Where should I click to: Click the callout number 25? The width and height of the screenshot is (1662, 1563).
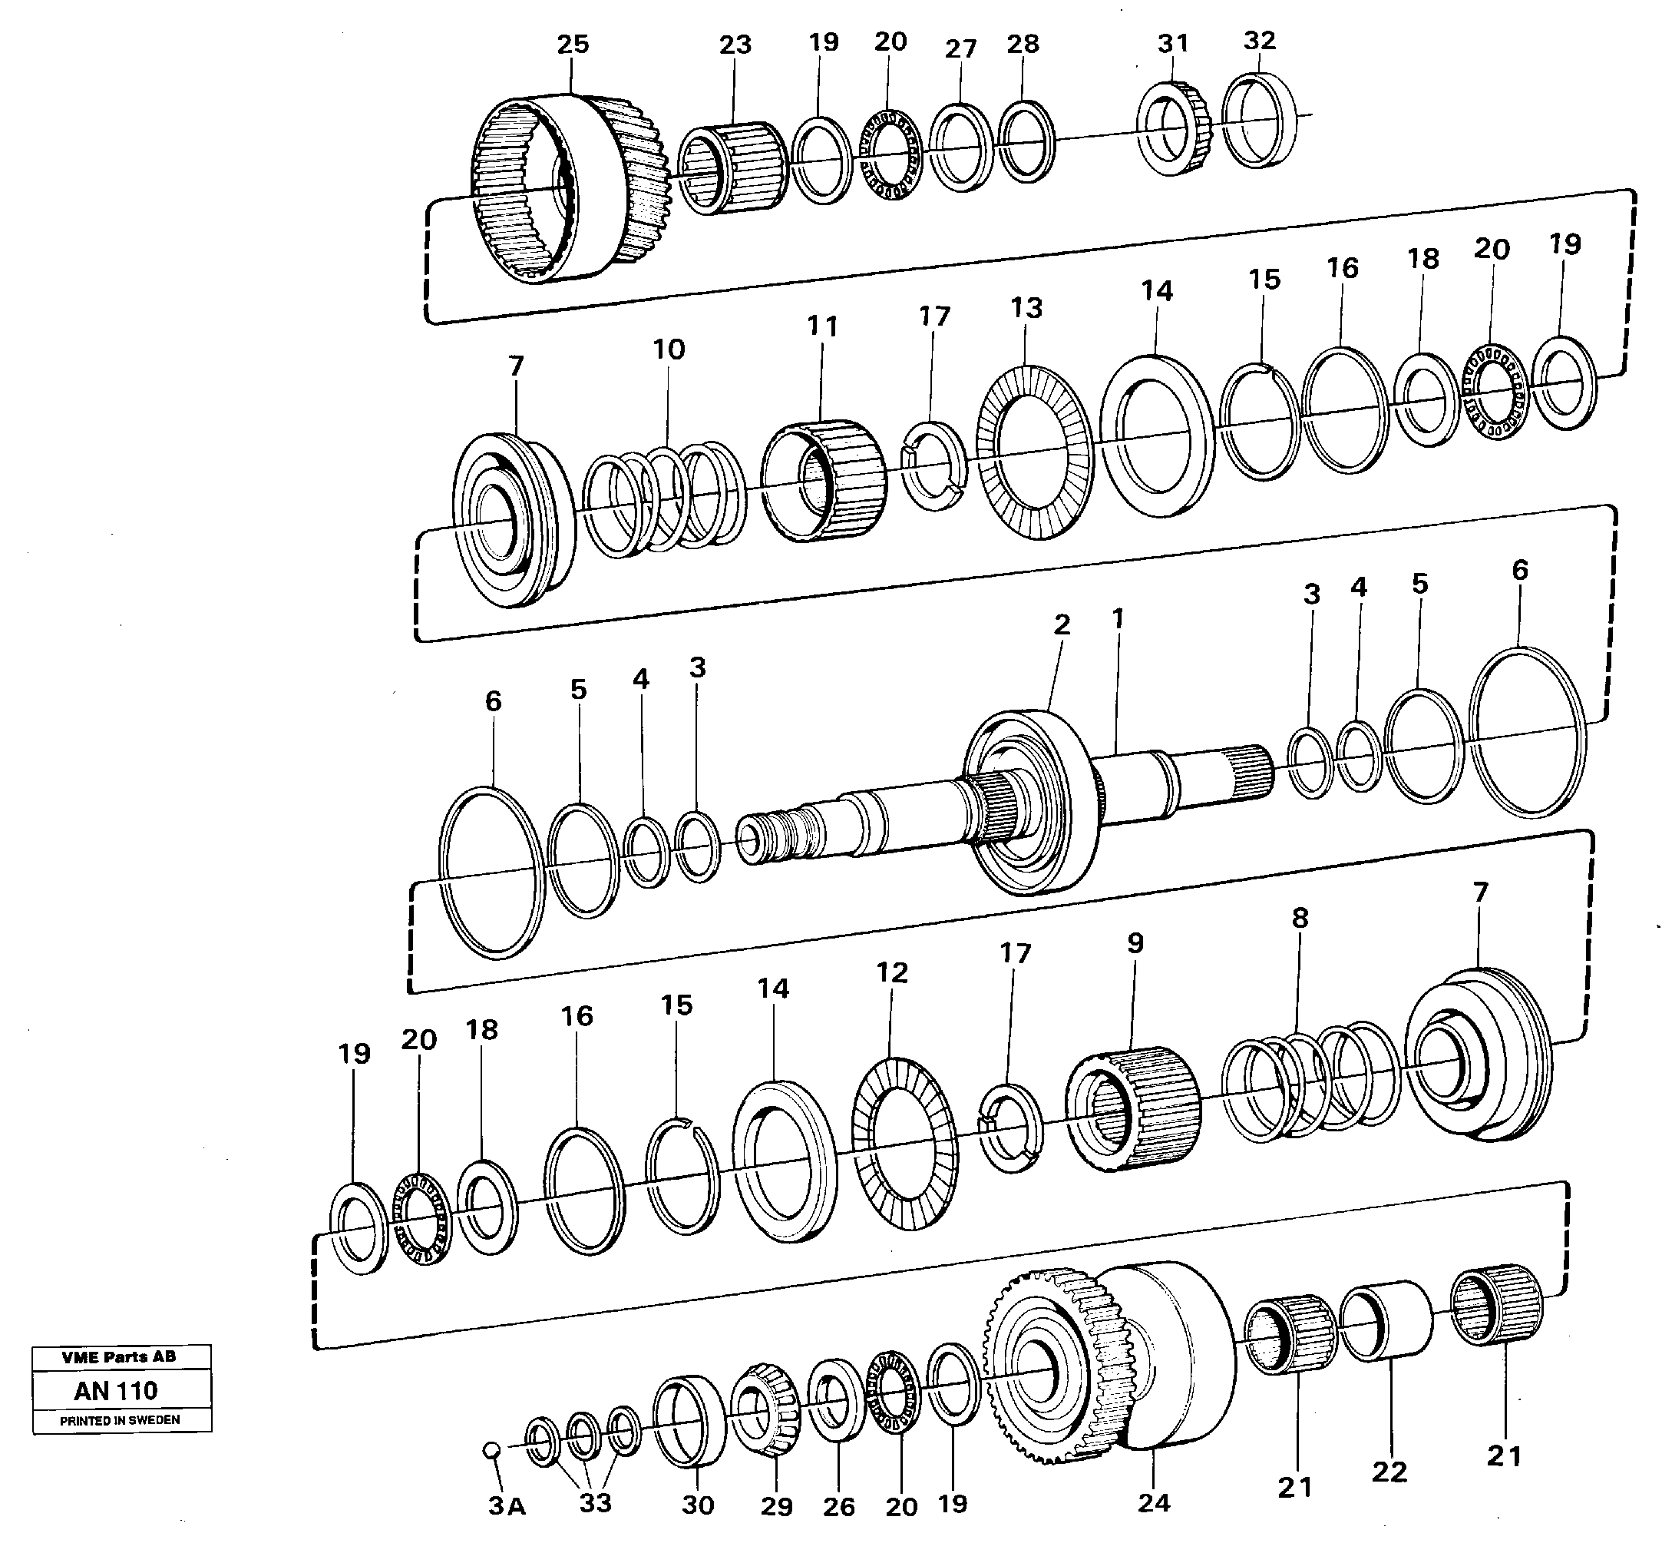573,45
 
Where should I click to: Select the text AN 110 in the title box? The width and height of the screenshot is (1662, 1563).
115,1391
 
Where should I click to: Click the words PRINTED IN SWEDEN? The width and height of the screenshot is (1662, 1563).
120,1421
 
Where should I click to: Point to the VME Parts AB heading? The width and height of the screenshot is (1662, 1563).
119,1357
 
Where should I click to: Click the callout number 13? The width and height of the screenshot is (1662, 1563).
1026,308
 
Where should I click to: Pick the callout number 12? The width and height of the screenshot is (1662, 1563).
891,972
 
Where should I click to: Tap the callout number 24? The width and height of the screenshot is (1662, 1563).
1154,1503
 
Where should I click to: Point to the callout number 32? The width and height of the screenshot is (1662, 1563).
1259,40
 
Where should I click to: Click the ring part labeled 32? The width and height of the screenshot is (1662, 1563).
1261,121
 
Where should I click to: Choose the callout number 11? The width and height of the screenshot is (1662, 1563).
822,326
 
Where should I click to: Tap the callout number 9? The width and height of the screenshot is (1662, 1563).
1135,943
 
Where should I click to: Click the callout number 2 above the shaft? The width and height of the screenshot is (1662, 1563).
1062,624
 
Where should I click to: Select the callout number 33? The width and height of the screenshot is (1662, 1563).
595,1503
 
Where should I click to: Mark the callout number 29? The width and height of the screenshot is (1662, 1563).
776,1507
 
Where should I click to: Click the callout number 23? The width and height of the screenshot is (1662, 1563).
735,45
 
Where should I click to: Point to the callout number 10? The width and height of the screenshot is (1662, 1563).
668,349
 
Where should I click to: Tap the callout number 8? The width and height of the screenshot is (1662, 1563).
1299,919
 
